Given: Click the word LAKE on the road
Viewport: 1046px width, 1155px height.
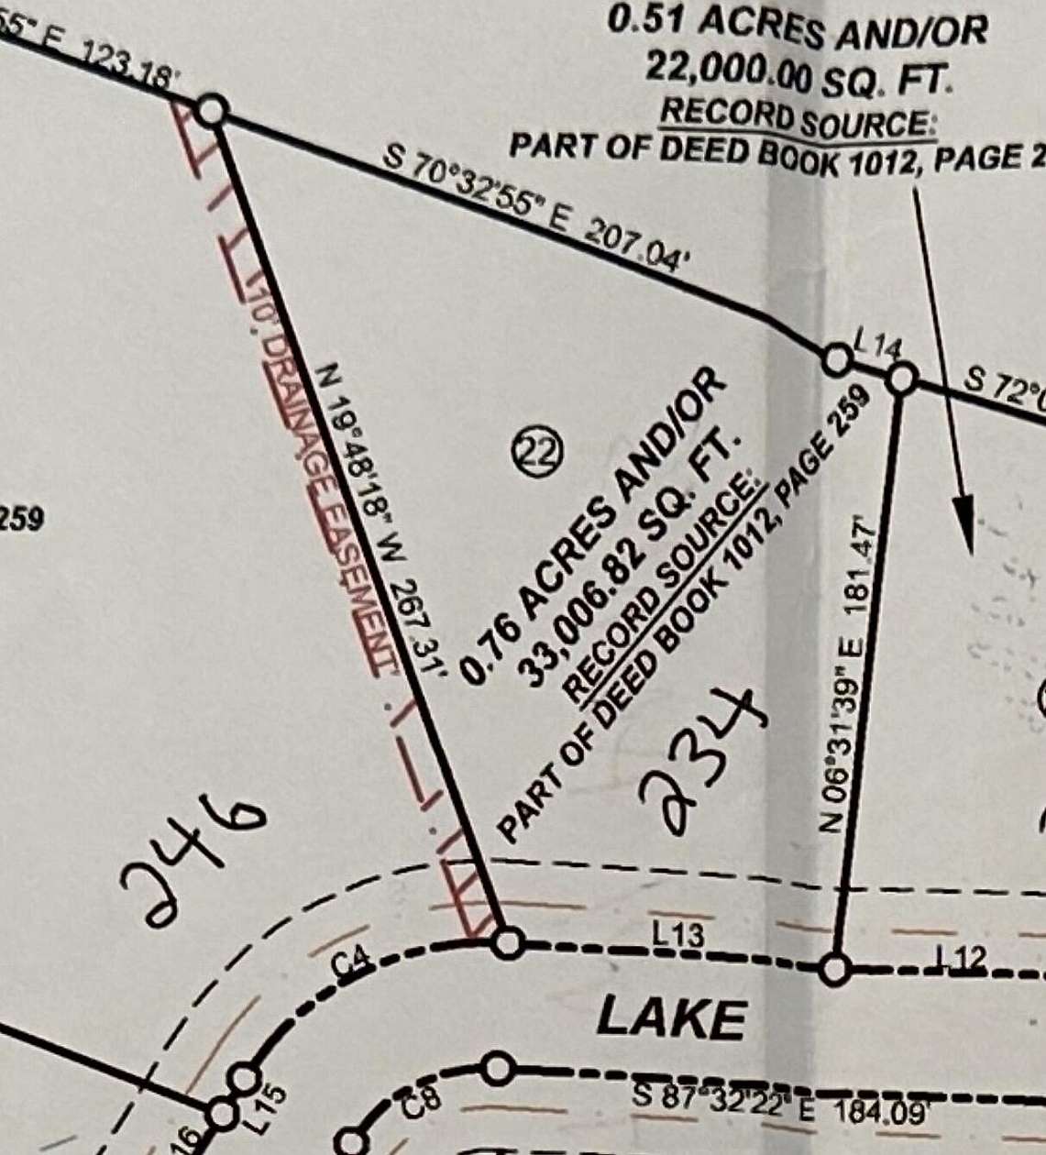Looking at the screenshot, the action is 670,1018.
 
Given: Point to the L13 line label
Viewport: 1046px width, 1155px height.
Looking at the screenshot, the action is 678,935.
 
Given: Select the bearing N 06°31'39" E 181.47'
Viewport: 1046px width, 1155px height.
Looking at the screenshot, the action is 846,675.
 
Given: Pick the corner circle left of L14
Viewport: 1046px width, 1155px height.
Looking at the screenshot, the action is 835,358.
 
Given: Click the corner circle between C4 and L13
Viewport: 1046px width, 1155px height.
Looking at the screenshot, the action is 508,941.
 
